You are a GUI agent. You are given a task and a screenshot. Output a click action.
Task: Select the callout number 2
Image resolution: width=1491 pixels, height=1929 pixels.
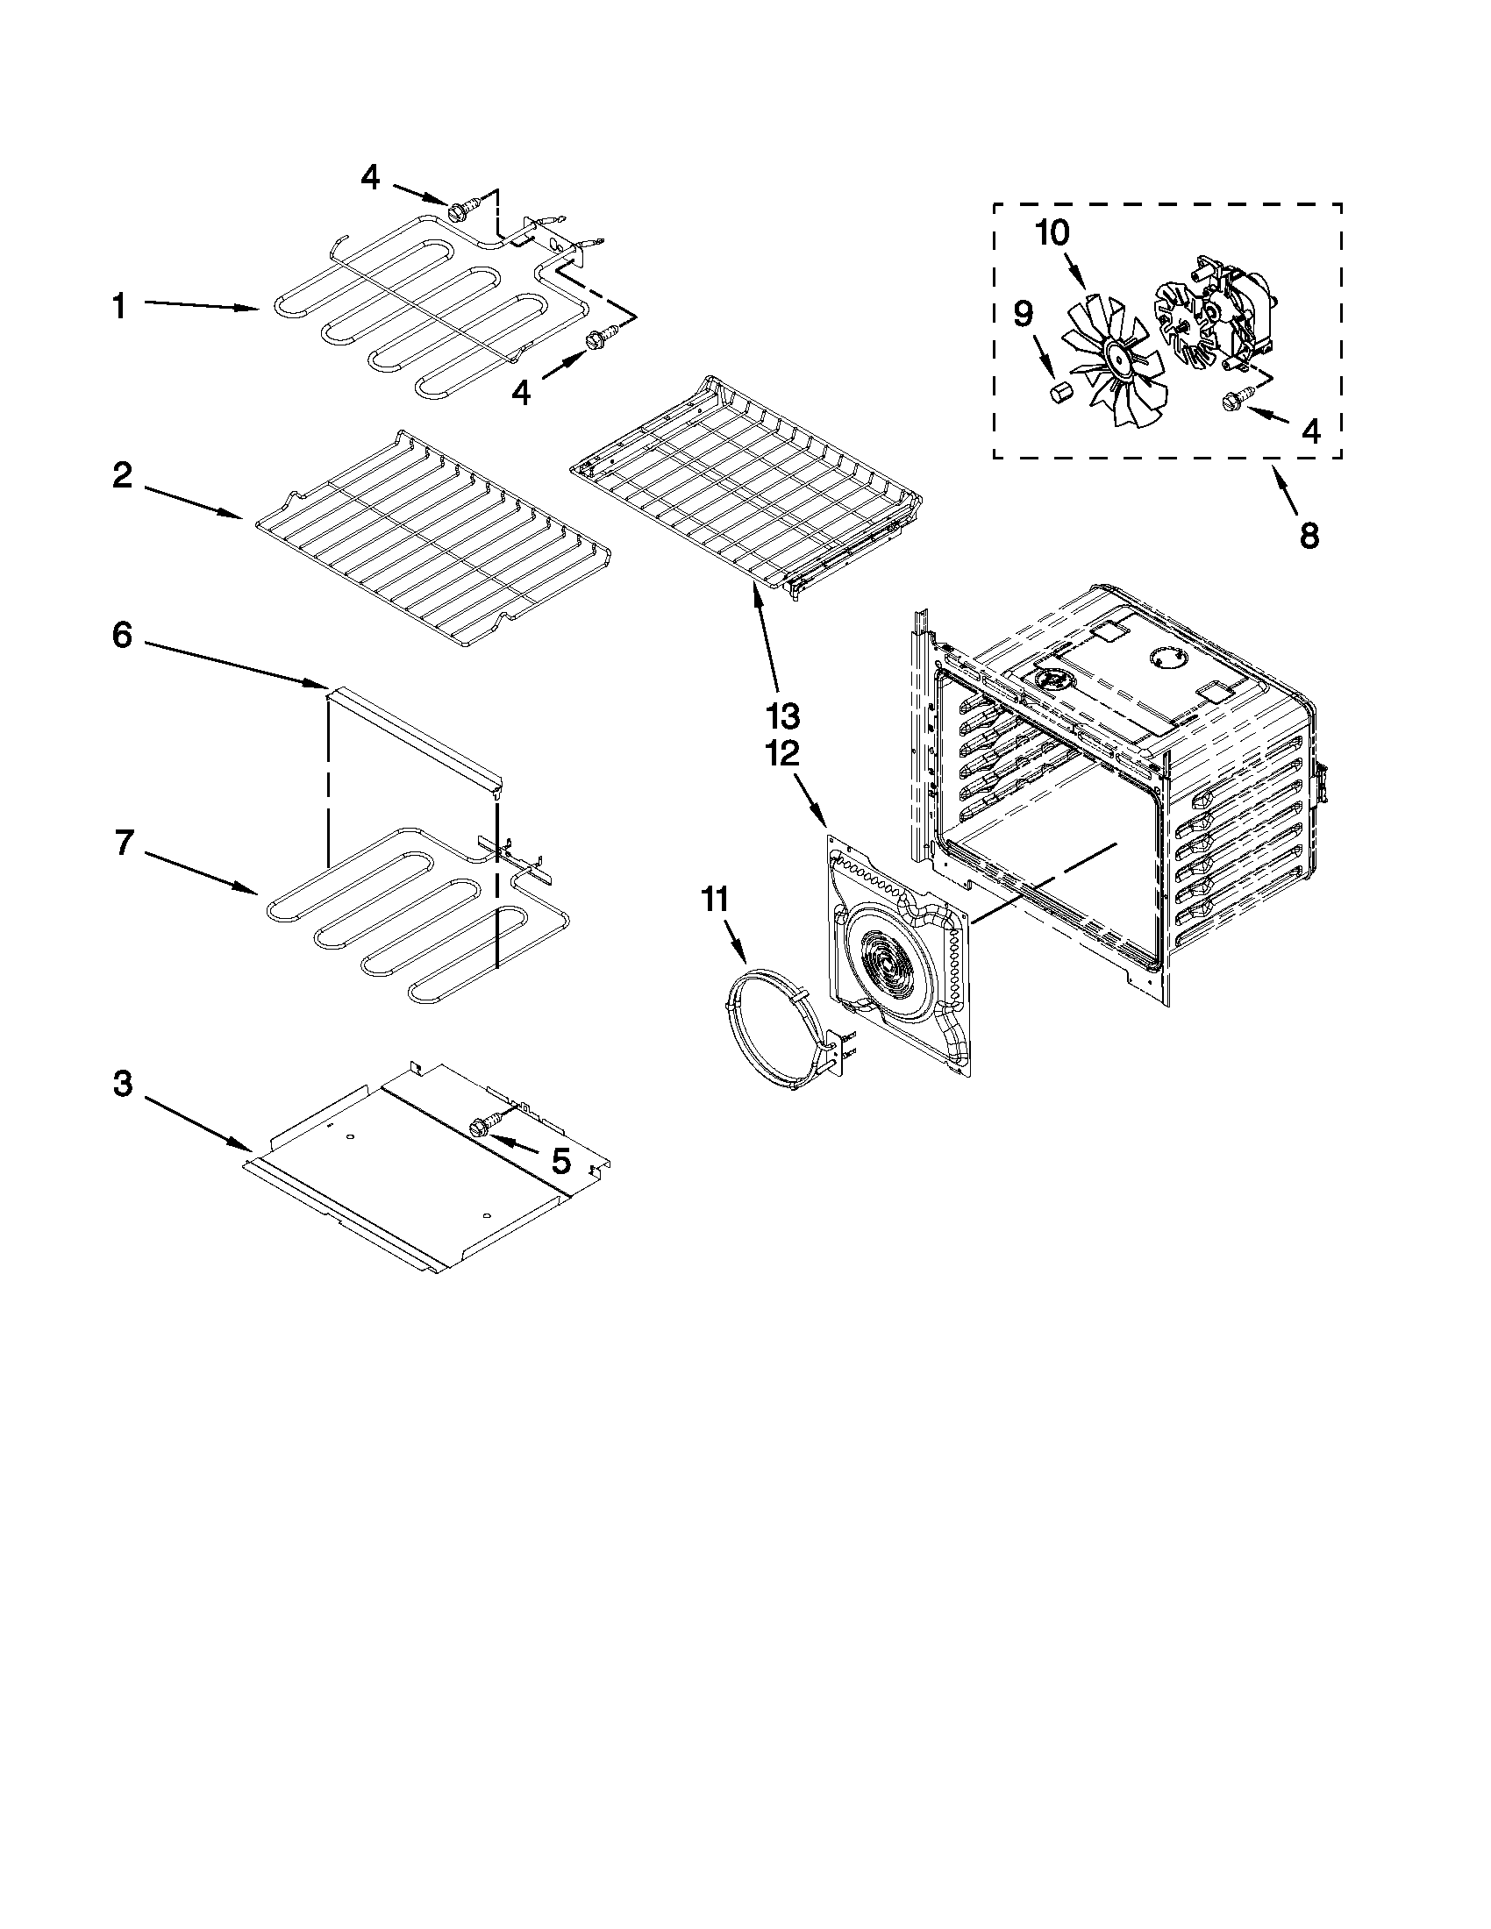[x=122, y=477]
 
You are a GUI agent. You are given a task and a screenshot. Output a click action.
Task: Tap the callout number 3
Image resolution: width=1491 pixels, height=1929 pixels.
[x=122, y=1085]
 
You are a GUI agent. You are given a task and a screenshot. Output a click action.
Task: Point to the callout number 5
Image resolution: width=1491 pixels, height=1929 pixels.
[x=560, y=1162]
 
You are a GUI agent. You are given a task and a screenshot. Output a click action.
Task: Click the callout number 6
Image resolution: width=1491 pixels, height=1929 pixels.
[x=122, y=636]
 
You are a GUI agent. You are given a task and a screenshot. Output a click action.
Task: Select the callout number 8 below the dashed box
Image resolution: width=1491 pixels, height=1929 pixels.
[x=1309, y=534]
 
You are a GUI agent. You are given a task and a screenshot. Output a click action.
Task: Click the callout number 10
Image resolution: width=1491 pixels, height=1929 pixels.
[x=1051, y=233]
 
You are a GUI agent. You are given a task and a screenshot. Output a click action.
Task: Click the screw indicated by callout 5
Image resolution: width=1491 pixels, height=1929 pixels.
[x=482, y=1126]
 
